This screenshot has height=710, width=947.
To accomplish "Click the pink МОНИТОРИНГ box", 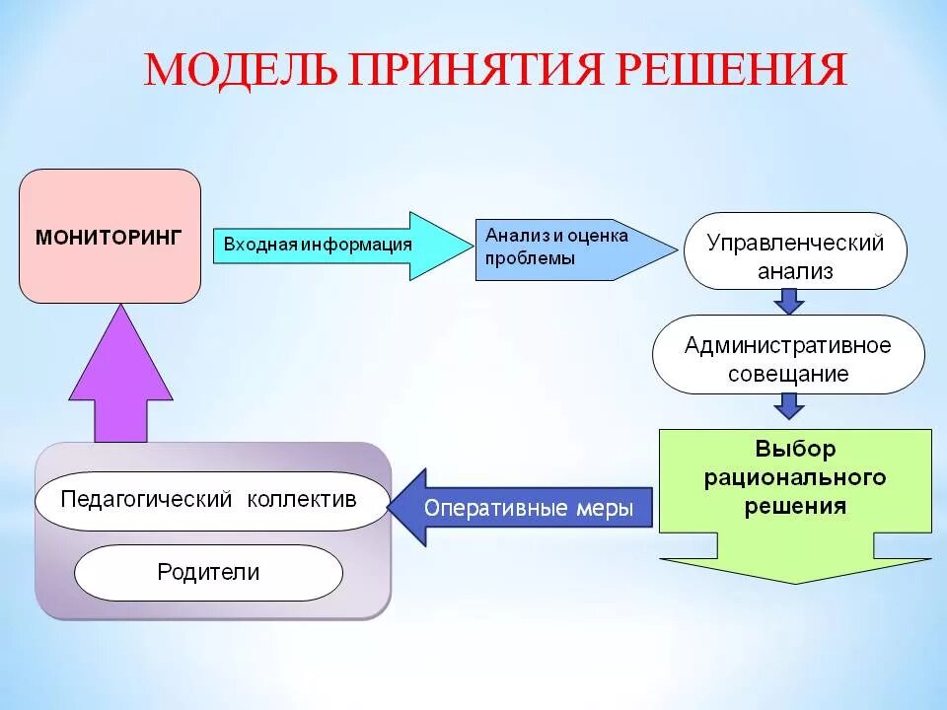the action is point(109,237).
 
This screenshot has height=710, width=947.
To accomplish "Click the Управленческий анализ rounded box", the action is point(795,256).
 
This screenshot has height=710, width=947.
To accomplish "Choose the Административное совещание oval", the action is point(788,359).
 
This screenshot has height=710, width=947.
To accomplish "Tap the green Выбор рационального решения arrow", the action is point(795,493).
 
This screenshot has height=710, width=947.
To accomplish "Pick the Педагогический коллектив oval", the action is point(209,499).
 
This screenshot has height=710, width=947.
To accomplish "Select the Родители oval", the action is point(208,572).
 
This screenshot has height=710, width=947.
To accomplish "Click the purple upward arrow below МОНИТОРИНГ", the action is point(121,380).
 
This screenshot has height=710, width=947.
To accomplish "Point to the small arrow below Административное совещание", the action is point(788,405).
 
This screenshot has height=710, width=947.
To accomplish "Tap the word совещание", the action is point(788,374).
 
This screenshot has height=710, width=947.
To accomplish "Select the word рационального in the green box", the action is point(795,478).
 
